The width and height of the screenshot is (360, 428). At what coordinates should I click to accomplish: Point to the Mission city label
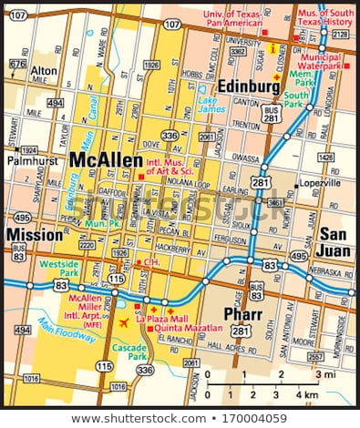(x=34, y=235)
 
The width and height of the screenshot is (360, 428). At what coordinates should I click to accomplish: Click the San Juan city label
(x=334, y=242)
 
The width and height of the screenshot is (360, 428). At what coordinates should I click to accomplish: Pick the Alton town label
(x=44, y=70)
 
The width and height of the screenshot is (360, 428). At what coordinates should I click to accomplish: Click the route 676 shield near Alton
(x=16, y=64)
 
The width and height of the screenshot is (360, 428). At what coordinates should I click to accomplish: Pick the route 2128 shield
(x=341, y=34)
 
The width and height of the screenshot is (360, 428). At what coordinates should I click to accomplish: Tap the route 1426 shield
(x=325, y=158)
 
